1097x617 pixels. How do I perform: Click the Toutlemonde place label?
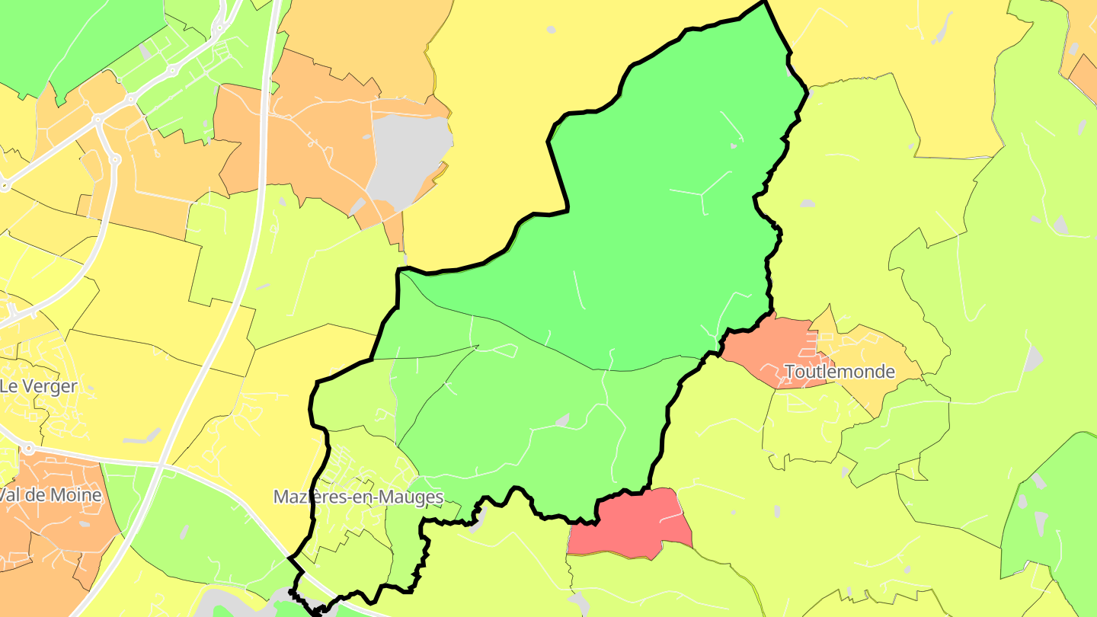point(839,372)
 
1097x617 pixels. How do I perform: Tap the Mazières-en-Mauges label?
point(358,497)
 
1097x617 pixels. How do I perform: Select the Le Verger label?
point(38,386)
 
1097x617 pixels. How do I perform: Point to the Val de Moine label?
point(50,495)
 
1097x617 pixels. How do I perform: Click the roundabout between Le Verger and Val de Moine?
point(27,449)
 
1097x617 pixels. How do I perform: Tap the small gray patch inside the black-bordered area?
point(563,420)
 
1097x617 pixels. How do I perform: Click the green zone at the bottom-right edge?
point(1059,518)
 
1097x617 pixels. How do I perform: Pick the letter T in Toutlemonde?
point(789,372)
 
